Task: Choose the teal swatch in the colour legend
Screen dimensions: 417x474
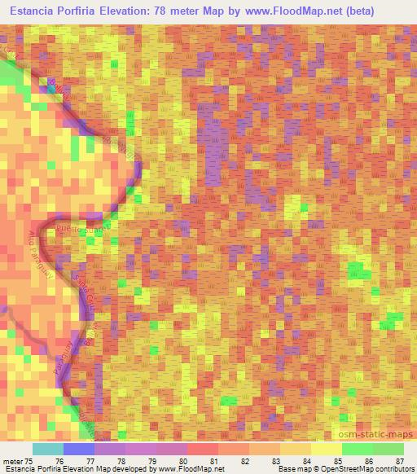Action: pyautogui.click(x=47, y=450)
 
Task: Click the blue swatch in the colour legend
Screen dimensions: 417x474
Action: pyautogui.click(x=78, y=450)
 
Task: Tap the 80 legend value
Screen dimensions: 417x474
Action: pyautogui.click(x=187, y=461)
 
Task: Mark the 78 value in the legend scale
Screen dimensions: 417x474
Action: pyautogui.click(x=125, y=461)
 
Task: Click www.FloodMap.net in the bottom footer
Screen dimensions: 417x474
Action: pyautogui.click(x=192, y=469)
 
